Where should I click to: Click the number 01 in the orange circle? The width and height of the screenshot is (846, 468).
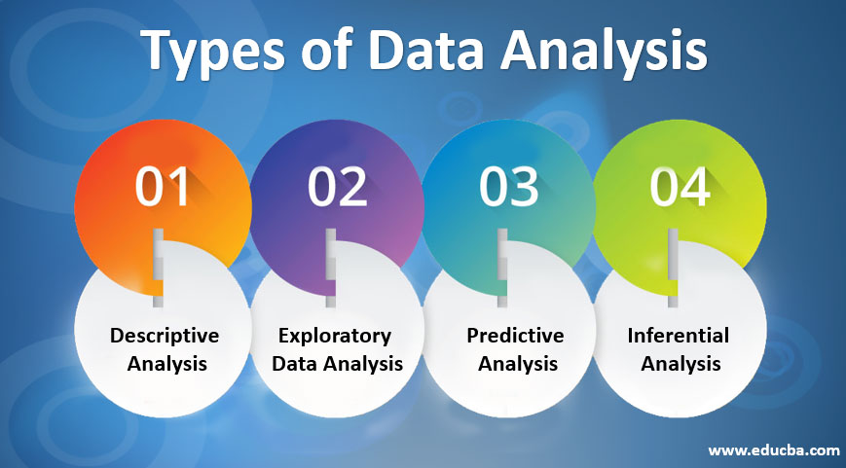click(163, 187)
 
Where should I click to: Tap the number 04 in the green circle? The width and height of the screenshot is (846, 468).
click(680, 187)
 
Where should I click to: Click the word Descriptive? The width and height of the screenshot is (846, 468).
click(165, 336)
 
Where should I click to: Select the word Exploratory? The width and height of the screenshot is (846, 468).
click(335, 336)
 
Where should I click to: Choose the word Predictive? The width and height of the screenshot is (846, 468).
click(515, 336)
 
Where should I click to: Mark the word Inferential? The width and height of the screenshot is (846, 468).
click(679, 336)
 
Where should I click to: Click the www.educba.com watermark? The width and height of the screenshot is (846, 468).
click(773, 450)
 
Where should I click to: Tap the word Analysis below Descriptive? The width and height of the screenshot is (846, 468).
click(165, 364)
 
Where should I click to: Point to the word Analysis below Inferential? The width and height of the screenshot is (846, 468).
click(680, 364)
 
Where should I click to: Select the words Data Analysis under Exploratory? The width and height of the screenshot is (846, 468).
click(337, 364)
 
